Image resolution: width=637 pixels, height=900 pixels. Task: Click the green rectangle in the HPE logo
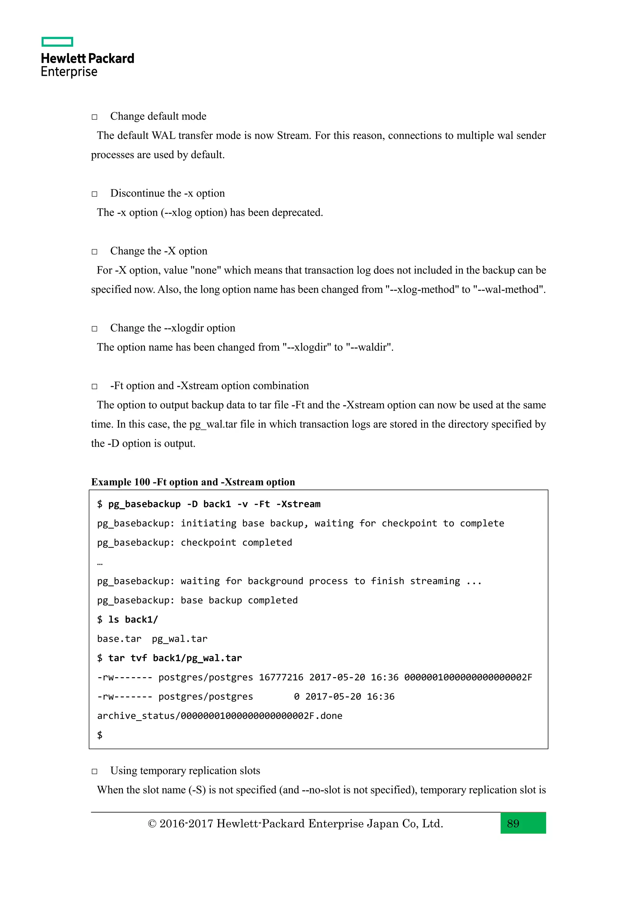tap(57, 42)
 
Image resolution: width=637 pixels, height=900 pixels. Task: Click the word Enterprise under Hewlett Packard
tap(69, 72)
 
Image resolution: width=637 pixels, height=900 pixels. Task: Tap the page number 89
tap(513, 823)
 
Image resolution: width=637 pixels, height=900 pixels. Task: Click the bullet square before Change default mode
tap(95, 117)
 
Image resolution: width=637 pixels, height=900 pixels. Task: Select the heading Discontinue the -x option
tap(167, 193)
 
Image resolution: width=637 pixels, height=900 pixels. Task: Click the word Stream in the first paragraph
tap(293, 135)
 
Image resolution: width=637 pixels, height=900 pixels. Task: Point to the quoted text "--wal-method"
tap(509, 290)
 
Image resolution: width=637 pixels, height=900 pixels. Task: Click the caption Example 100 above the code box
tap(120, 482)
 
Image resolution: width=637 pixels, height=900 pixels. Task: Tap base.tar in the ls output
tap(119, 639)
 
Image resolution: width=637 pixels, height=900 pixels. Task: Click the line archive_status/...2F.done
tap(220, 716)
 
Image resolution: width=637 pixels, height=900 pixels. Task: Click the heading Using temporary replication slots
tap(185, 771)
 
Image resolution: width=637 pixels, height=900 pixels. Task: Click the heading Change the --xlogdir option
tap(173, 328)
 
